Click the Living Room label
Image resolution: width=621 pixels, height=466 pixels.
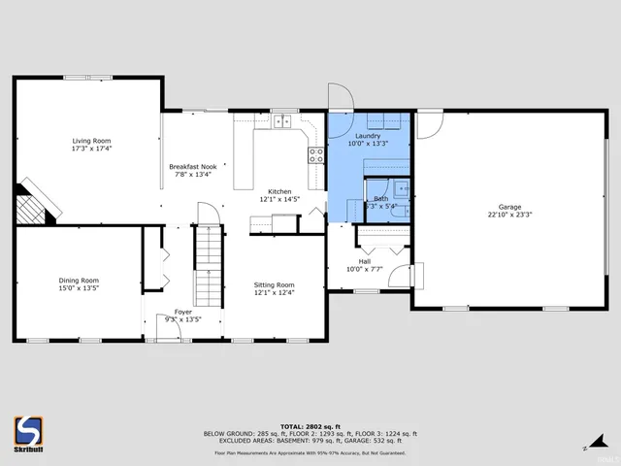(x=91, y=141)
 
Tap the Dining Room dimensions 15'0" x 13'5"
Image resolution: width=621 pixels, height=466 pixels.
(x=79, y=288)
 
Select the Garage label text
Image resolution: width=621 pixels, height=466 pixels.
(x=509, y=207)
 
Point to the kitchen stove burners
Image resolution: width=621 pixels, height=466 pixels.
(x=315, y=156)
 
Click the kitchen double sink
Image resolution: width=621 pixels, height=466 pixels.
(x=282, y=121)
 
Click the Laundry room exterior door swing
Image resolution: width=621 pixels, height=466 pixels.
(x=337, y=98)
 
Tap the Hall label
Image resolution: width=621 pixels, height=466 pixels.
(x=364, y=261)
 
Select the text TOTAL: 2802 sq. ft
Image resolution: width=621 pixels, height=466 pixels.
(x=310, y=426)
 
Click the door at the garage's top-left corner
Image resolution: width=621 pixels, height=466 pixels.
(x=429, y=124)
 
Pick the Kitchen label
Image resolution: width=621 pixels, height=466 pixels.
(x=279, y=191)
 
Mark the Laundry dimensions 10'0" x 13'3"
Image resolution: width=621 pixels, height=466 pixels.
(x=368, y=144)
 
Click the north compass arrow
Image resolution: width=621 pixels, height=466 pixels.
(x=587, y=448)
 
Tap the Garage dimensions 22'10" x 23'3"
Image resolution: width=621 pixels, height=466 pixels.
(x=509, y=216)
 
